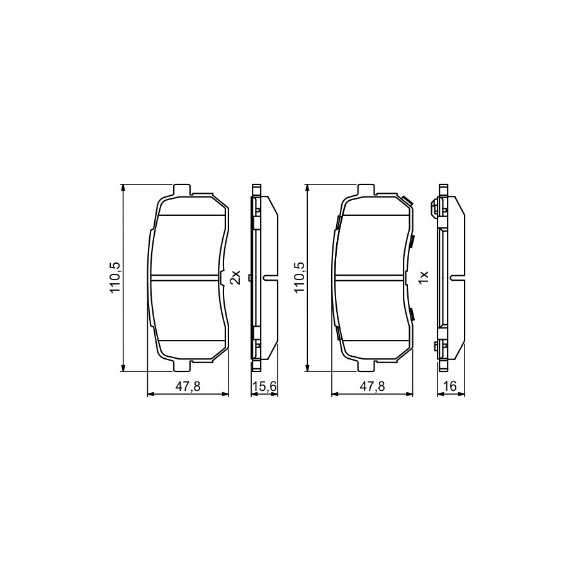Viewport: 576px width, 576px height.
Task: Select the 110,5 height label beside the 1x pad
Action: tap(299, 278)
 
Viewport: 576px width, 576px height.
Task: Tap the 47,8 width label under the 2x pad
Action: tap(188, 387)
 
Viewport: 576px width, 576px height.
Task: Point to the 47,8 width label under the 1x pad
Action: tap(373, 387)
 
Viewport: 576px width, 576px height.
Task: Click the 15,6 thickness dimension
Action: tap(264, 387)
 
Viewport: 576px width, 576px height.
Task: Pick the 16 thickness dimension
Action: tap(450, 387)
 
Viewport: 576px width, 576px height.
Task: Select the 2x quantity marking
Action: tap(235, 278)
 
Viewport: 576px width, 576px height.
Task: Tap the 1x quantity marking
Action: tap(424, 278)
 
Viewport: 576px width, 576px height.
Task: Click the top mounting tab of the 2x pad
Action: tap(181, 190)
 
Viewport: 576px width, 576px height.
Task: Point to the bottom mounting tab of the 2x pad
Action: tap(181, 366)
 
